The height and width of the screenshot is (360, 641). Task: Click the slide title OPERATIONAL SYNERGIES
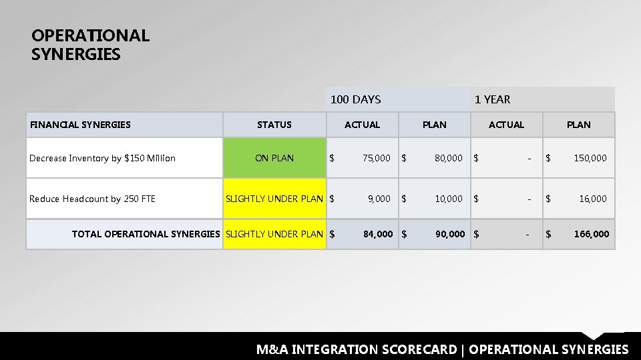click(x=90, y=45)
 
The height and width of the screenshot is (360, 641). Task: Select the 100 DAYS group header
click(x=356, y=99)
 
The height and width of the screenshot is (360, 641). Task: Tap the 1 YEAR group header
click(x=492, y=99)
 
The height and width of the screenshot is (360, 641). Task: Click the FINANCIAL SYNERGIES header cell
click(x=80, y=124)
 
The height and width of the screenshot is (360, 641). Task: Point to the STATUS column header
click(x=274, y=124)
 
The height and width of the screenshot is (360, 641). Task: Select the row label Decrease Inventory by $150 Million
click(x=102, y=158)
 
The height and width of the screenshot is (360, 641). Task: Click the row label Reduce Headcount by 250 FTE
click(x=92, y=199)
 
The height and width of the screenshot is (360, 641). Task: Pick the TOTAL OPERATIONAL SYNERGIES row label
click(x=146, y=234)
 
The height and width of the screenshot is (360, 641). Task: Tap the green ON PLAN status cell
click(x=274, y=158)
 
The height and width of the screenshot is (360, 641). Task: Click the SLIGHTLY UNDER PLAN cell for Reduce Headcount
click(x=274, y=199)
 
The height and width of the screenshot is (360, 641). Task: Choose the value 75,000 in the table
click(x=377, y=158)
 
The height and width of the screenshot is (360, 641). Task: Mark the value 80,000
click(x=449, y=158)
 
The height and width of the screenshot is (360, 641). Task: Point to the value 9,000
click(x=379, y=199)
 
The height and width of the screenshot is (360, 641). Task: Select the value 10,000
click(x=449, y=199)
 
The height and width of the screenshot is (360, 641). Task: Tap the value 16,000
click(x=593, y=199)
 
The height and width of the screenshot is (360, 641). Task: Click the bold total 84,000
click(x=378, y=234)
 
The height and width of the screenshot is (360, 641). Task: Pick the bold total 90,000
click(x=450, y=234)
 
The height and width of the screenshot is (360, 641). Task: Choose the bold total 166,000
click(x=592, y=234)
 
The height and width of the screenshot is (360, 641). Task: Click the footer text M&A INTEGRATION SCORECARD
click(x=357, y=349)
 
